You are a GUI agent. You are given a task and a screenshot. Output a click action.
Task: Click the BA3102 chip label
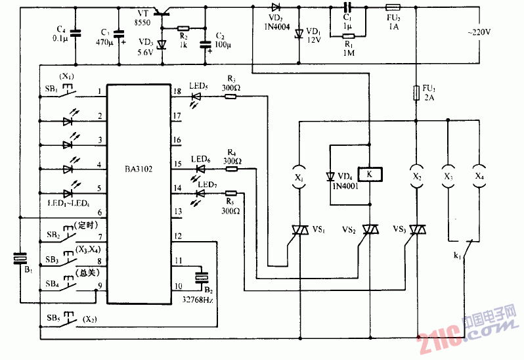pos(139,169)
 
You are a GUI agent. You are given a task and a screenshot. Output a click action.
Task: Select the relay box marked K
pos(370,175)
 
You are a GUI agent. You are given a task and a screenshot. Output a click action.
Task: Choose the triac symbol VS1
pos(299,229)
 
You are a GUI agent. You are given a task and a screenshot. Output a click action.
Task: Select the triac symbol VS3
pos(416,229)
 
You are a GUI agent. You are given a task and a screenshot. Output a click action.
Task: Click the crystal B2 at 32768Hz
pos(201,277)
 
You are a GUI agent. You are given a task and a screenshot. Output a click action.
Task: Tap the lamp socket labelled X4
pos(480,177)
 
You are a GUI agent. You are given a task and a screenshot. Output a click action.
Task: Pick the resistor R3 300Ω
pos(231,97)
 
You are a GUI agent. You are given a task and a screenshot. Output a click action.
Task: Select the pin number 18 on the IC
pos(177,91)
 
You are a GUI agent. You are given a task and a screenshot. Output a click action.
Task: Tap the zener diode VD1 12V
pos(299,33)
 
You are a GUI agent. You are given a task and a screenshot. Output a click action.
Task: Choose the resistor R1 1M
pos(349,37)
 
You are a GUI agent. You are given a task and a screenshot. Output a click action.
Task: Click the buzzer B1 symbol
pos(20,259)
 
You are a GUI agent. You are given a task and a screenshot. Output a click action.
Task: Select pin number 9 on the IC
pos(99,286)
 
